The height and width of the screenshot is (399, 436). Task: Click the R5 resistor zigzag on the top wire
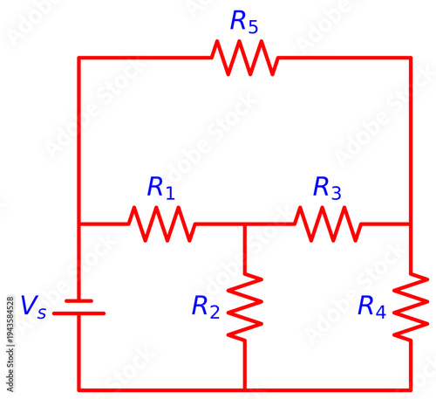click(244, 58)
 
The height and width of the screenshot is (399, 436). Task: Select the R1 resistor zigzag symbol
click(162, 224)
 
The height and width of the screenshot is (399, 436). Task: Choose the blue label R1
click(161, 187)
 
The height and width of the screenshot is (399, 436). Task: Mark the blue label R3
click(328, 187)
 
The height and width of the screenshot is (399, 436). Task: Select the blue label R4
click(372, 306)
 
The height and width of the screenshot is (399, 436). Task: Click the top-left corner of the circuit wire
click(79, 58)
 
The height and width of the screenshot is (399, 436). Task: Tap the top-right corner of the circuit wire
click(411, 58)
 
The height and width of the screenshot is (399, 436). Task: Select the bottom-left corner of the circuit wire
click(79, 389)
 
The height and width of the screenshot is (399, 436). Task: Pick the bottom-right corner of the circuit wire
click(411, 389)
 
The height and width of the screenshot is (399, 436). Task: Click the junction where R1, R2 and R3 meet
click(245, 224)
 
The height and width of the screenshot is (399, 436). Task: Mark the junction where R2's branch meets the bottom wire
click(245, 389)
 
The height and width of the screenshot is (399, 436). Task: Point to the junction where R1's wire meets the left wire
click(79, 224)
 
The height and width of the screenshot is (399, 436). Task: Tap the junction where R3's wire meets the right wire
click(411, 224)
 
